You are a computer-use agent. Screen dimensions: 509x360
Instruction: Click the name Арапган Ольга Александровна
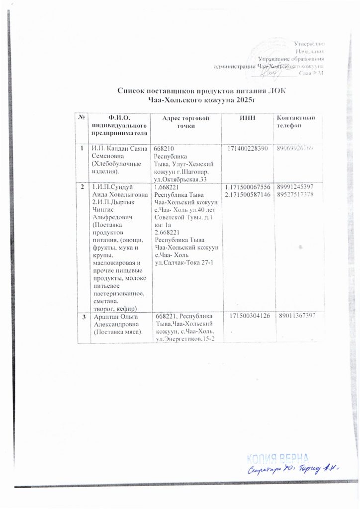[x=114, y=320]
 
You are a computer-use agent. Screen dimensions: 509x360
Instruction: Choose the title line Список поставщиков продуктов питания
[x=202, y=91]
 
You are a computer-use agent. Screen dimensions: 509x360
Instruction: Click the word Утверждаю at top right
[x=309, y=45]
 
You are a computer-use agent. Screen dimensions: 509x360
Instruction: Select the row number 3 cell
[x=83, y=316]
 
